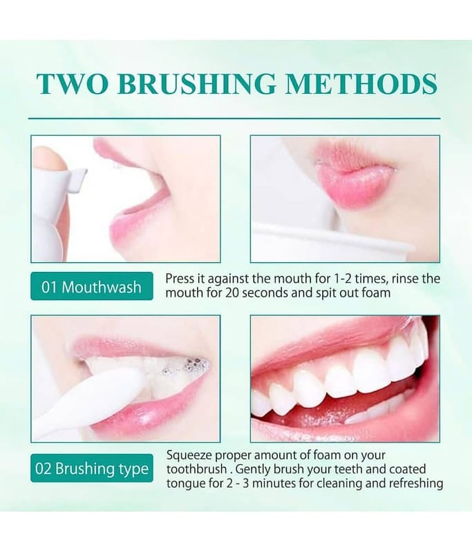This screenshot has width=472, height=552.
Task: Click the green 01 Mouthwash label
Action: click(x=92, y=286)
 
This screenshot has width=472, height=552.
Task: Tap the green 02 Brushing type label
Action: click(x=92, y=469)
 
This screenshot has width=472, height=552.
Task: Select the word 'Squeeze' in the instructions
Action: click(x=189, y=456)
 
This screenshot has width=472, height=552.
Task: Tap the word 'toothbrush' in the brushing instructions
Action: click(x=197, y=469)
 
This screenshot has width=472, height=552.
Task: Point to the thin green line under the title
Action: click(x=234, y=119)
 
